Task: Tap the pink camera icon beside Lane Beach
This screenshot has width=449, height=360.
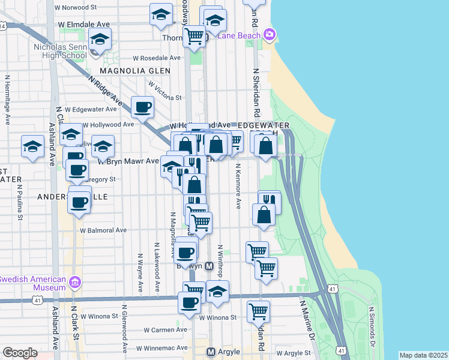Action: pyautogui.click(x=269, y=34)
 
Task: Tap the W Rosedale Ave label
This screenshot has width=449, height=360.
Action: pyautogui.click(x=157, y=58)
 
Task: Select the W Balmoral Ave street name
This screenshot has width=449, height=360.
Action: pyautogui.click(x=103, y=230)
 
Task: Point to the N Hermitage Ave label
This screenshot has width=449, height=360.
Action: pyautogui.click(x=8, y=100)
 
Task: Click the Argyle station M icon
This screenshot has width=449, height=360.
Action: pyautogui.click(x=211, y=352)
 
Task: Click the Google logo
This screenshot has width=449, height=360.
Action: pyautogui.click(x=20, y=353)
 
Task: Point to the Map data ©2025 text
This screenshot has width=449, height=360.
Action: pyautogui.click(x=423, y=355)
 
